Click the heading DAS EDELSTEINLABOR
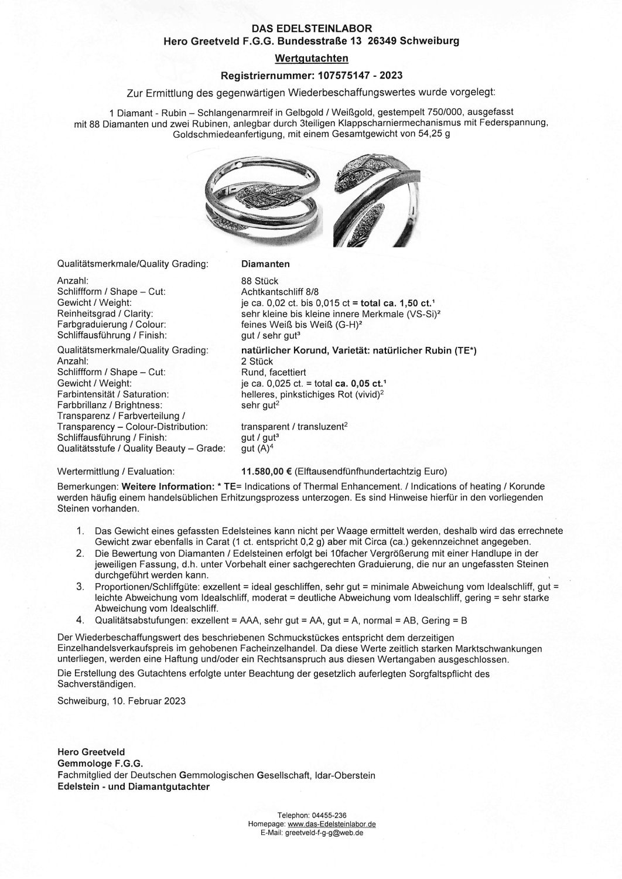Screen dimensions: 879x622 (x=311, y=28)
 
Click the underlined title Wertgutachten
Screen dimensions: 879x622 (x=311, y=58)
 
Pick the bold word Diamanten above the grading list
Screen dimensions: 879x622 (x=265, y=264)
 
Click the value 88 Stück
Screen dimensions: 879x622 (x=259, y=281)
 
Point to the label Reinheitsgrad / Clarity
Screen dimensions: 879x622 (x=105, y=314)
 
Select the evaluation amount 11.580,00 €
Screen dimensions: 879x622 (x=266, y=471)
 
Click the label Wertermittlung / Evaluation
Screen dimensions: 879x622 (x=116, y=471)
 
